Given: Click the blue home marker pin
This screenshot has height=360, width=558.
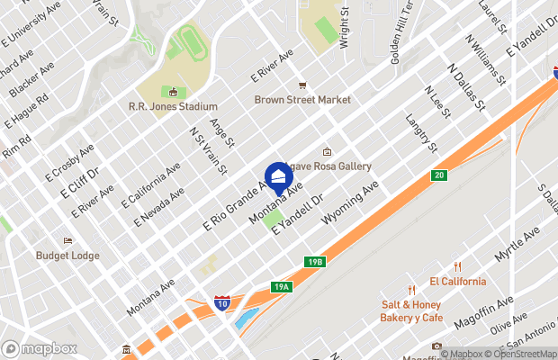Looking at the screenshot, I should coord(278,175).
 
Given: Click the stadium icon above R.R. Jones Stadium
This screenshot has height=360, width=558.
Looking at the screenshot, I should coord(172,92).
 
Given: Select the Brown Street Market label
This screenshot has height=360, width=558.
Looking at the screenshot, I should coord(301,100).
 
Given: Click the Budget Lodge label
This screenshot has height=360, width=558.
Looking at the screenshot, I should coord(67,255).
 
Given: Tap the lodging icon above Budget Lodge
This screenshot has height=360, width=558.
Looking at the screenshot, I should coord(67,241).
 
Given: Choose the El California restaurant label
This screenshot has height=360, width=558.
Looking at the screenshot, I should coord(457,281).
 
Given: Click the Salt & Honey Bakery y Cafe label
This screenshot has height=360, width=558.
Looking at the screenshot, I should coord(412,311).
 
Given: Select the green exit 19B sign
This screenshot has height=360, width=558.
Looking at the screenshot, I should coord(313,261).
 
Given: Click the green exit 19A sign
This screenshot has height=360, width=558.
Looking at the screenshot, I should coord(282,287).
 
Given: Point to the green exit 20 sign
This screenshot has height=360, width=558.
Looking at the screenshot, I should coord(438,175).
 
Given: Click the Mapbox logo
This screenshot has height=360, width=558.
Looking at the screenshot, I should coord(39,348).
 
